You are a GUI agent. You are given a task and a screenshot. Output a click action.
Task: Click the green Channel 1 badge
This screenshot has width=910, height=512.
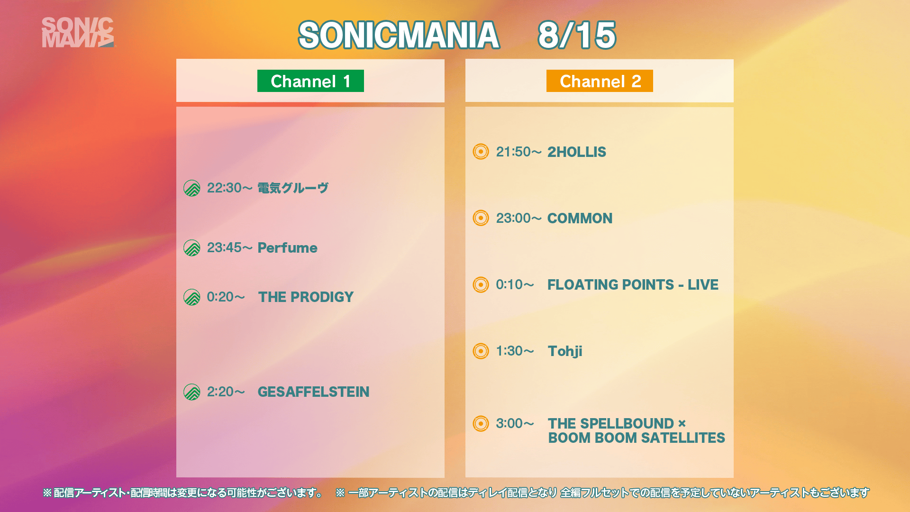click(x=310, y=81)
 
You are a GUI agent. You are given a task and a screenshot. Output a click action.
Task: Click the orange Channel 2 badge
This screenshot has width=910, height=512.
click(x=600, y=81)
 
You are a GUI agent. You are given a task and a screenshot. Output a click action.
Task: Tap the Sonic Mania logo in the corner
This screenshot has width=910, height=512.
click(x=78, y=32)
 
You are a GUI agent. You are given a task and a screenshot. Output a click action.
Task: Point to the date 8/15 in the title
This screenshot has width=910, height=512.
click(x=577, y=35)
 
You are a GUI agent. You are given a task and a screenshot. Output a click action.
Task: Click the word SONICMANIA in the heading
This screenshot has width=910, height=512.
click(x=399, y=35)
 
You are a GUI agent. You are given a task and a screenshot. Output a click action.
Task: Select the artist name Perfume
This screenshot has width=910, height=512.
click(x=287, y=247)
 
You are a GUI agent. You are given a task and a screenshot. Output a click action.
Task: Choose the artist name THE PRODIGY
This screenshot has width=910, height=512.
click(x=306, y=297)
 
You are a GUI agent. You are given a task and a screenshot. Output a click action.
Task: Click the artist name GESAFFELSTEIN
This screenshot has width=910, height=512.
click(x=313, y=392)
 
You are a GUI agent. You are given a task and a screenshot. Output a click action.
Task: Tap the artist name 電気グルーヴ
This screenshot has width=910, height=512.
click(x=293, y=188)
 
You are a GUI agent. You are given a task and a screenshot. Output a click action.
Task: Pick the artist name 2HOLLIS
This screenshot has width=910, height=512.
click(x=577, y=152)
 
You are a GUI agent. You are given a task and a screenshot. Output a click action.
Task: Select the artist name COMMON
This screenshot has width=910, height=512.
click(x=580, y=218)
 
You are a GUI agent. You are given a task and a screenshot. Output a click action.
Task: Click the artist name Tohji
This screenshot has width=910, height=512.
click(x=565, y=351)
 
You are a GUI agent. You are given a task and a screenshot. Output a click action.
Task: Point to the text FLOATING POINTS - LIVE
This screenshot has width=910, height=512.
click(x=633, y=284)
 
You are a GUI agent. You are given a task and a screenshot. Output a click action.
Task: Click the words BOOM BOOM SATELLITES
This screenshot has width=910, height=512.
click(x=637, y=438)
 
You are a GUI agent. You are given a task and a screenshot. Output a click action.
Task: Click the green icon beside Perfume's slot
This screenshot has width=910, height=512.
click(x=192, y=247)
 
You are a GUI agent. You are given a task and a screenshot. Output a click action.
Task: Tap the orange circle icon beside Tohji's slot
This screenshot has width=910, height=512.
click(x=481, y=351)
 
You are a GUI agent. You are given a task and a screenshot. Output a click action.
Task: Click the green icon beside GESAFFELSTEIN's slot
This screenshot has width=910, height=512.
click(x=192, y=392)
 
